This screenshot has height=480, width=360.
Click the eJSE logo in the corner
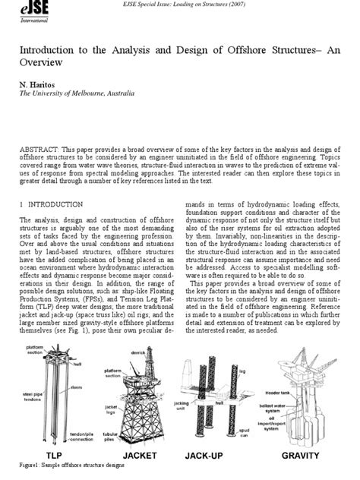pyautogui.click(x=17, y=12)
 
